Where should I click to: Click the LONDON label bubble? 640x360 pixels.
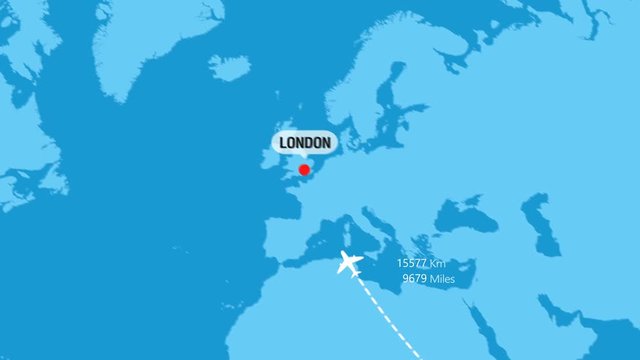pos(305,143)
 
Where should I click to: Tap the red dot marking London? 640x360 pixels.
pos(304,170)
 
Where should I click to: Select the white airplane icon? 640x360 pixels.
pos(349,264)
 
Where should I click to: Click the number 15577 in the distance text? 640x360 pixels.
pos(412,263)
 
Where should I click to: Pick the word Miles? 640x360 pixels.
pos(442,279)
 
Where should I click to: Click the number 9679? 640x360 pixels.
pos(414,279)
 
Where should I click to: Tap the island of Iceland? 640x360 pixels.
pos(229,67)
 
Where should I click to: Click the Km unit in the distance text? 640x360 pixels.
pos(437,263)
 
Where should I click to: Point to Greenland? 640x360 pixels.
pos(150,40)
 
